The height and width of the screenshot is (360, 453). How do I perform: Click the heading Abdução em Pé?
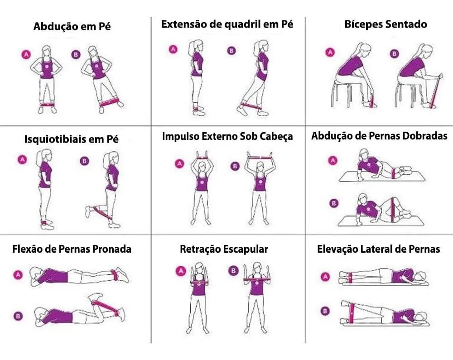pyautogui.click(x=72, y=26)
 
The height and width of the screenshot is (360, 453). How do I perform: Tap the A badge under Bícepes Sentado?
pyautogui.click(x=330, y=52)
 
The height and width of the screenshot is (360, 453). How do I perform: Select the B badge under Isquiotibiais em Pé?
pyautogui.click(x=84, y=161)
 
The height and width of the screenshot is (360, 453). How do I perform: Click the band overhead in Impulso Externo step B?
pyautogui.click(x=260, y=158)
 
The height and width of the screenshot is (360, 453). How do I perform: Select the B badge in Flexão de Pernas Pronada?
pyautogui.click(x=18, y=316)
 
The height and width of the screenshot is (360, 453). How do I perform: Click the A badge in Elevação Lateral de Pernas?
pyautogui.click(x=325, y=277)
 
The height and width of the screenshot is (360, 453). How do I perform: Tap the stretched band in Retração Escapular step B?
pyautogui.click(x=256, y=279)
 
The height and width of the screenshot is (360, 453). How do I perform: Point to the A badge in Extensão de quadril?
pyautogui.click(x=173, y=49)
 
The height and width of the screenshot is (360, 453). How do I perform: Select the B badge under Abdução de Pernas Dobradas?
pyautogui.click(x=334, y=203)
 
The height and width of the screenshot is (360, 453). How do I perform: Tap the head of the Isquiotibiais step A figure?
pyautogui.click(x=46, y=157)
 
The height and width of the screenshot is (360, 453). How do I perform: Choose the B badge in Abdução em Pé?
pyautogui.click(x=76, y=54)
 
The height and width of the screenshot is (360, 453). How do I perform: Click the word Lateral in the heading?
pyautogui.click(x=377, y=249)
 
